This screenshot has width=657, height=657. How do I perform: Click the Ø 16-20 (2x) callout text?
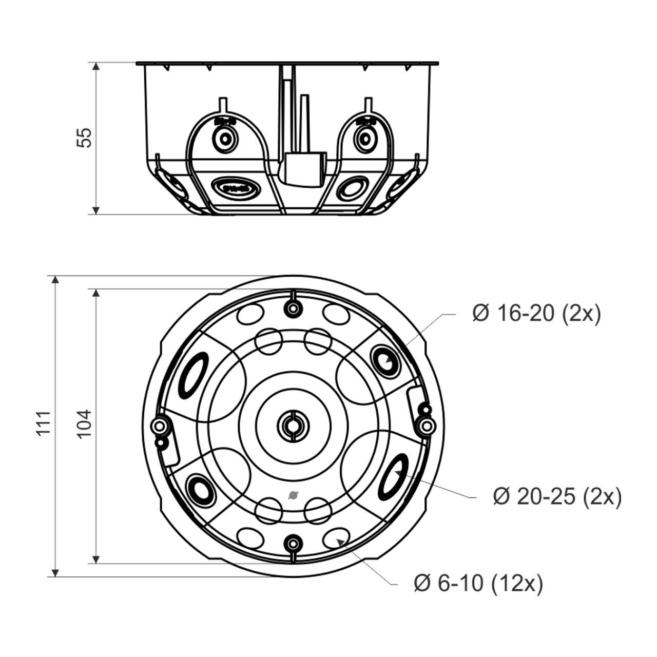click(x=536, y=314)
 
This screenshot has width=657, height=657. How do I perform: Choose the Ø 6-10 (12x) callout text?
click(x=478, y=584)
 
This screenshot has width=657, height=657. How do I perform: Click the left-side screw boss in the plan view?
click(x=159, y=426)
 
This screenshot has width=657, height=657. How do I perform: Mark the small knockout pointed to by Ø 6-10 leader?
click(x=336, y=540)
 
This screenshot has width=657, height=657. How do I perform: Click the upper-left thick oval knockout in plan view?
click(x=193, y=375)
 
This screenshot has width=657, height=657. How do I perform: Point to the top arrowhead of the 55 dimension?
click(x=96, y=66)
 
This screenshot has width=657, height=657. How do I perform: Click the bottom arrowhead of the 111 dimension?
click(x=55, y=573)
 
